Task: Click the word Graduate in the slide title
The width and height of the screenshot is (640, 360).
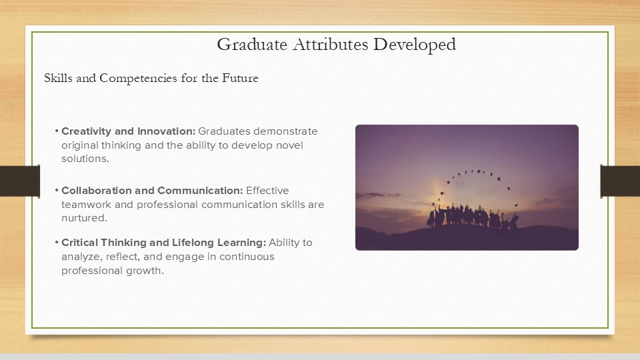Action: coord(252,45)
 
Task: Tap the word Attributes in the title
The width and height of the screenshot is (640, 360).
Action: coord(330,45)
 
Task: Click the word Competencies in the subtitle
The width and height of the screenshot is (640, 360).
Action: coord(139,79)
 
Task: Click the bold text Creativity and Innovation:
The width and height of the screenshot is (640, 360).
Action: coord(129,131)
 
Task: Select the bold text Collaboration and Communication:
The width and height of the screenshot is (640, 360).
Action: coord(152,191)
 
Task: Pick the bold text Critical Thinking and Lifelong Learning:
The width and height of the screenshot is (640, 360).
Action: coord(164,243)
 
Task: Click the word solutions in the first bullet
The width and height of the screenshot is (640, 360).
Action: coord(85,159)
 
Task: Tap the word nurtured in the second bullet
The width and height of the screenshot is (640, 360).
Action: coord(83,218)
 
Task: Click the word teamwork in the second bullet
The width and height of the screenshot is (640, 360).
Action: coord(86,205)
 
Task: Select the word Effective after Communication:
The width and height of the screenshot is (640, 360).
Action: coord(267,191)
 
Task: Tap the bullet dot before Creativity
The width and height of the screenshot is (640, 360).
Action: coord(57,131)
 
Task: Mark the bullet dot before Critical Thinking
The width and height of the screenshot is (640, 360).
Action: coord(57,243)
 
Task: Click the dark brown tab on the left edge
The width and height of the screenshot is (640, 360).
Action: coord(20,181)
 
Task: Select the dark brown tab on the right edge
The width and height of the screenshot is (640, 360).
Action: coord(620,181)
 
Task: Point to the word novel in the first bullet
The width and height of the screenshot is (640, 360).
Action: coord(289,145)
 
